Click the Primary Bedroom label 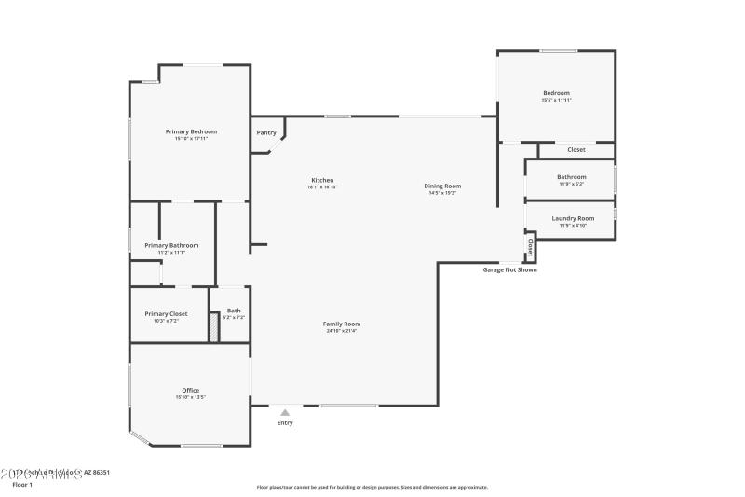pos(191,132)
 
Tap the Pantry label pos(266,132)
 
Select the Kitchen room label pos(322,180)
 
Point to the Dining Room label pos(442,186)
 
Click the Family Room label pos(342,324)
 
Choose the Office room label pos(190,390)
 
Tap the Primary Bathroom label pos(171,245)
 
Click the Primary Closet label pos(166,314)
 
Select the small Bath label pos(234,311)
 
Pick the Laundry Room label pos(572,218)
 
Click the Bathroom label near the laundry pos(572,177)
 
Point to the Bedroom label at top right pos(556,93)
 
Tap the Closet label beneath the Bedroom pos(576,149)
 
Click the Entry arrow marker pos(285,410)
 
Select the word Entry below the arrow pos(285,422)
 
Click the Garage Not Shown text pos(509,269)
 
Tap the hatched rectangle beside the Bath pos(213,327)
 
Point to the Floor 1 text pos(21,485)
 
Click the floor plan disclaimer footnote pos(372,487)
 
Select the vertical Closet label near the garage pos(530,247)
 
